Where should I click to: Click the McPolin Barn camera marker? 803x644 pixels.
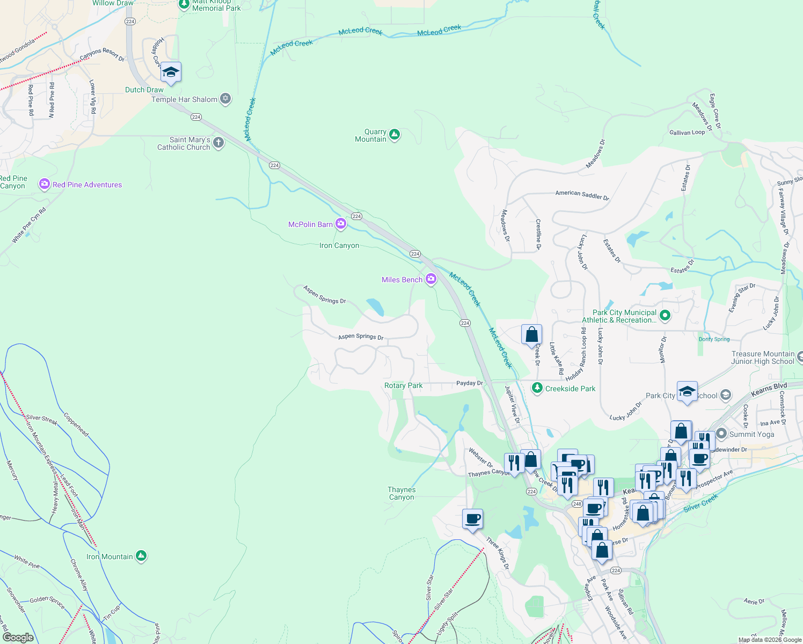pyautogui.click(x=341, y=224)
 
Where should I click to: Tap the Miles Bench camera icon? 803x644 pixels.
pyautogui.click(x=430, y=279)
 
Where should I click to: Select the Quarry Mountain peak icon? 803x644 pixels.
pyautogui.click(x=395, y=134)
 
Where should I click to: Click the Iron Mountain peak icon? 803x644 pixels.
pyautogui.click(x=141, y=556)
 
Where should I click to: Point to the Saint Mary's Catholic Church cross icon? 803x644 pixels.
pyautogui.click(x=218, y=143)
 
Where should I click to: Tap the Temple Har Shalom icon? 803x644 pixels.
pyautogui.click(x=225, y=99)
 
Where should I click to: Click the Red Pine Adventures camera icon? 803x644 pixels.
pyautogui.click(x=44, y=184)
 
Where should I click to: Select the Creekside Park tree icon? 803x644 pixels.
pyautogui.click(x=537, y=387)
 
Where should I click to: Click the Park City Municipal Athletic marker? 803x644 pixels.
pyautogui.click(x=665, y=315)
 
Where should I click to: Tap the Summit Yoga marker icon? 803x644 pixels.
pyautogui.click(x=721, y=434)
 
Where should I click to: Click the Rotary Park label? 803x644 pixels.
pyautogui.click(x=403, y=385)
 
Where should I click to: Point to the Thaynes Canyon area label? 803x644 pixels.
pyautogui.click(x=401, y=493)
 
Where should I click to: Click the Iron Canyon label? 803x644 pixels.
pyautogui.click(x=339, y=245)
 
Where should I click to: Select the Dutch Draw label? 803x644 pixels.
pyautogui.click(x=144, y=90)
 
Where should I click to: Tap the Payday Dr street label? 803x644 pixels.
pyautogui.click(x=470, y=383)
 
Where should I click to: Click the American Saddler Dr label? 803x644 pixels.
pyautogui.click(x=582, y=195)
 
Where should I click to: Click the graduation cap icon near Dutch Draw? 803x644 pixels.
pyautogui.click(x=171, y=72)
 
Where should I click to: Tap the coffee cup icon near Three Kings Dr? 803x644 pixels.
pyautogui.click(x=472, y=519)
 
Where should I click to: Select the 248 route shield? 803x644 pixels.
pyautogui.click(x=577, y=504)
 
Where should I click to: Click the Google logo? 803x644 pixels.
pyautogui.click(x=18, y=638)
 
